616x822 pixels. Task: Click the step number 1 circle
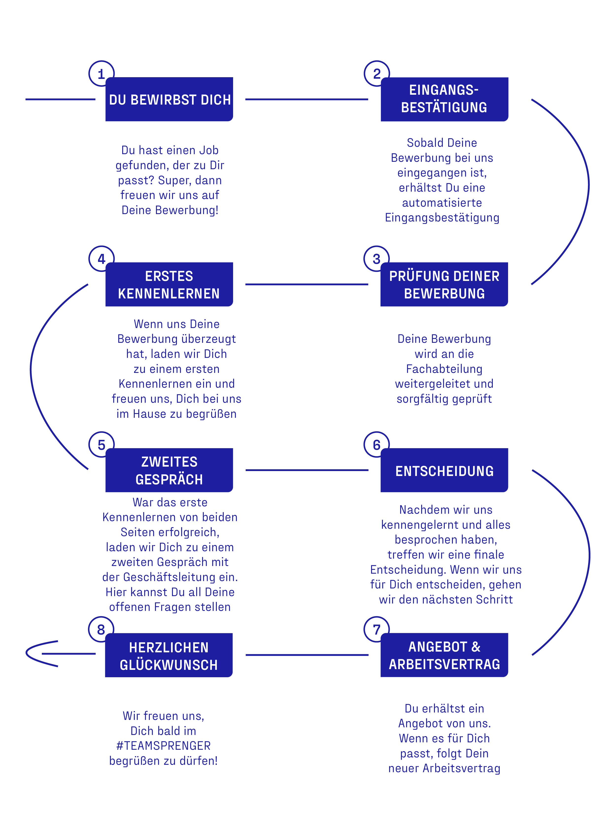click(100, 73)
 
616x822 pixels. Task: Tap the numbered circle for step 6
click(376, 444)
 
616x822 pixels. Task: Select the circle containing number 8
click(101, 629)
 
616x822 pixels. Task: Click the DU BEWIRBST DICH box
click(169, 99)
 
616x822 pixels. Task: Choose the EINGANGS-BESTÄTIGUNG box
click(444, 99)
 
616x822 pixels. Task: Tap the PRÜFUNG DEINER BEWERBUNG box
click(444, 284)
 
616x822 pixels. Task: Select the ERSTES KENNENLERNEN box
click(169, 284)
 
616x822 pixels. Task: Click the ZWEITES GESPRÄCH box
click(169, 470)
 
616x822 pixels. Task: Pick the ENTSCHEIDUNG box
click(444, 470)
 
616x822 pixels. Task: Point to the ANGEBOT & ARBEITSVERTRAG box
click(444, 655)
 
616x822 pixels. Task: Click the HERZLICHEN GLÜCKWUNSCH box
click(169, 655)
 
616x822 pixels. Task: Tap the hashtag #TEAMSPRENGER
click(163, 746)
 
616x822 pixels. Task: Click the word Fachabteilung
click(444, 369)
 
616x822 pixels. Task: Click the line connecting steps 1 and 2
click(306, 99)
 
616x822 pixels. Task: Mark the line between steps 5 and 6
click(307, 470)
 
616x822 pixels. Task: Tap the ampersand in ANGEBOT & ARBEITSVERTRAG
click(476, 647)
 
